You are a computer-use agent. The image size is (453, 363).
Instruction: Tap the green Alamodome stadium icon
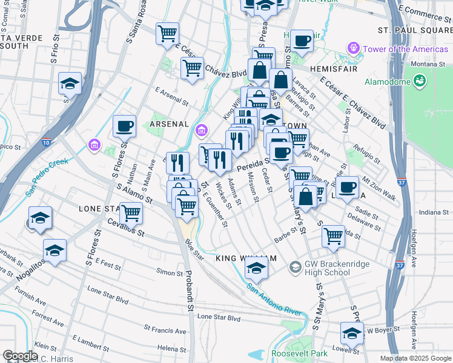tap(419, 80)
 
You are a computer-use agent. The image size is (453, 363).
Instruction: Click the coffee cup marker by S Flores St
tap(125, 126)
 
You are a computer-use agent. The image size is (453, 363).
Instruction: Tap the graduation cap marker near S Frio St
tap(70, 84)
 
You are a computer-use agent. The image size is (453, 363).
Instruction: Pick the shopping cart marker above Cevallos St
tap(131, 213)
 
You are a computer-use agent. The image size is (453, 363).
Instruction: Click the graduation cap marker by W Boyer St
tap(352, 333)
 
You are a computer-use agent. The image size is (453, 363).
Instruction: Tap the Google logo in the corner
tap(21, 356)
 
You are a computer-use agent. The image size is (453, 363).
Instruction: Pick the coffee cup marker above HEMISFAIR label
tap(302, 41)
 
